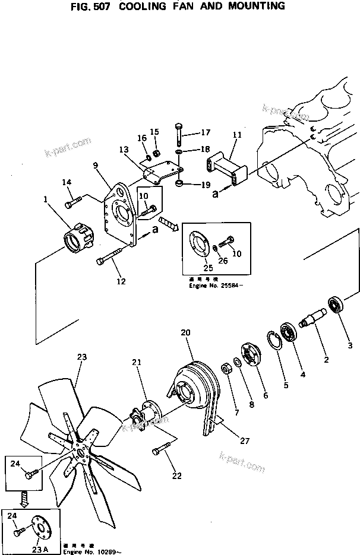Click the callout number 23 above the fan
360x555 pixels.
point(82,357)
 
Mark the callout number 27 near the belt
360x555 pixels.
point(245,442)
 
